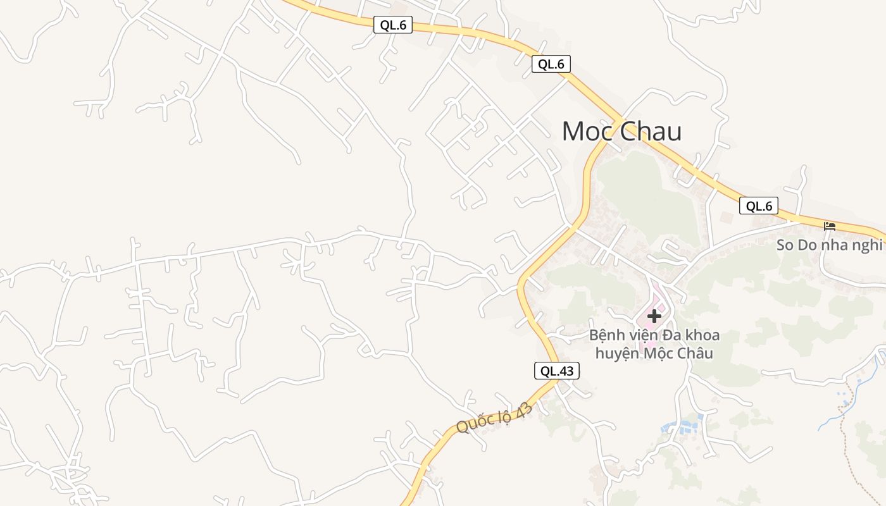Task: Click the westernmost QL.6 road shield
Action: click(x=392, y=25)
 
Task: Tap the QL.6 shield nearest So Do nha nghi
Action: click(x=758, y=206)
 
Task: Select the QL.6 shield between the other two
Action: click(x=551, y=64)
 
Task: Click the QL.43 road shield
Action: click(x=557, y=371)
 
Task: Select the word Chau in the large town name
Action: click(x=651, y=132)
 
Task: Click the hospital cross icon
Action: click(x=654, y=316)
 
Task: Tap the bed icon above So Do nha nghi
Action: click(x=829, y=226)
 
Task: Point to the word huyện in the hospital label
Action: click(x=617, y=353)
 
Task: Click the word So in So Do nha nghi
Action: click(x=785, y=245)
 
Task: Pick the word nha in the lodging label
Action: click(x=837, y=245)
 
